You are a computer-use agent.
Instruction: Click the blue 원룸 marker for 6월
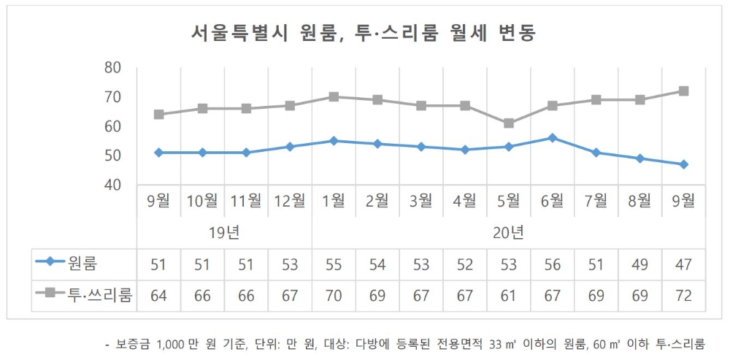tap(553, 138)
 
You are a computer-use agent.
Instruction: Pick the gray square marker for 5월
tap(509, 123)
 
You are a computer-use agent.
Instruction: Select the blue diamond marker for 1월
tap(334, 141)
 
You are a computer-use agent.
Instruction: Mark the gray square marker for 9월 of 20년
tap(684, 91)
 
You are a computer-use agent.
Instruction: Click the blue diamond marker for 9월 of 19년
tap(158, 153)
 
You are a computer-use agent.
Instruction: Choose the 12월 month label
tap(290, 201)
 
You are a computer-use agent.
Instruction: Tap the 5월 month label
tap(509, 201)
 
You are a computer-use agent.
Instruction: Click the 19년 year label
tap(224, 234)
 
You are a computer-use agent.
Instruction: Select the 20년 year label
tap(509, 234)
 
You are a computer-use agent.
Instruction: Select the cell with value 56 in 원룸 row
tap(553, 264)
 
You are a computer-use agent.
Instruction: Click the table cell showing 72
tap(684, 295)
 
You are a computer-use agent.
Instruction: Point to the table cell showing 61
tap(509, 295)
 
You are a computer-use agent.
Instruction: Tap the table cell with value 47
tap(684, 264)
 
